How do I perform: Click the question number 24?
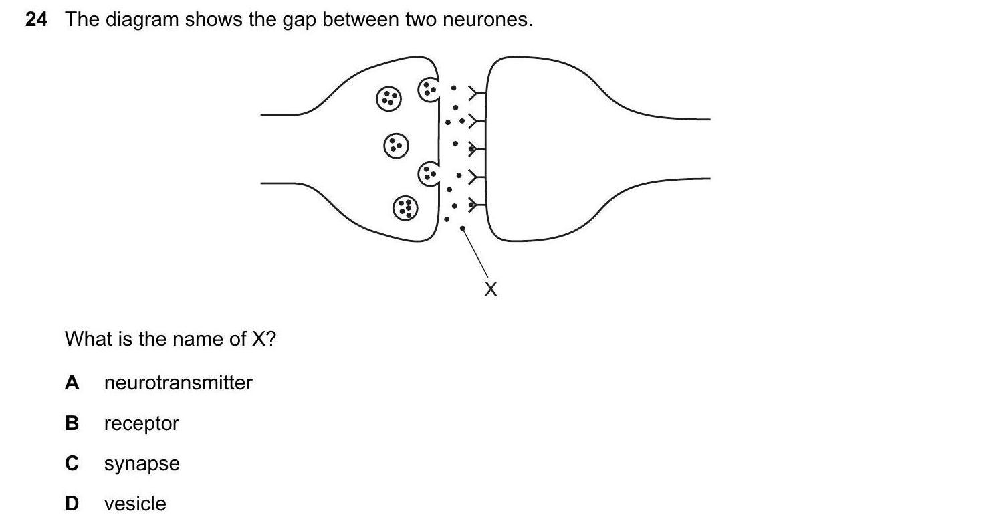click(37, 20)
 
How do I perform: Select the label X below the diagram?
click(491, 290)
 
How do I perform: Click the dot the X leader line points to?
click(462, 229)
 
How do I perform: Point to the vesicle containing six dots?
click(404, 207)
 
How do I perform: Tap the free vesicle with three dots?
click(395, 145)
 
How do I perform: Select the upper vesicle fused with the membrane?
click(429, 89)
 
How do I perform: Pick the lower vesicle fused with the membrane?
click(429, 175)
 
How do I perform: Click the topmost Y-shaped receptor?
click(476, 94)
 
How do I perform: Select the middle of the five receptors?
click(476, 148)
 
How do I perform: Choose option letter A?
click(72, 383)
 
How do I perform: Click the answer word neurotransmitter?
click(178, 383)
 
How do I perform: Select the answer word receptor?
click(141, 423)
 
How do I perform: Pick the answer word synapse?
click(142, 464)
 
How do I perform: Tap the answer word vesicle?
click(135, 504)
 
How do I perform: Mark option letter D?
click(72, 504)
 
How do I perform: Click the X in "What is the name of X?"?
click(259, 340)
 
